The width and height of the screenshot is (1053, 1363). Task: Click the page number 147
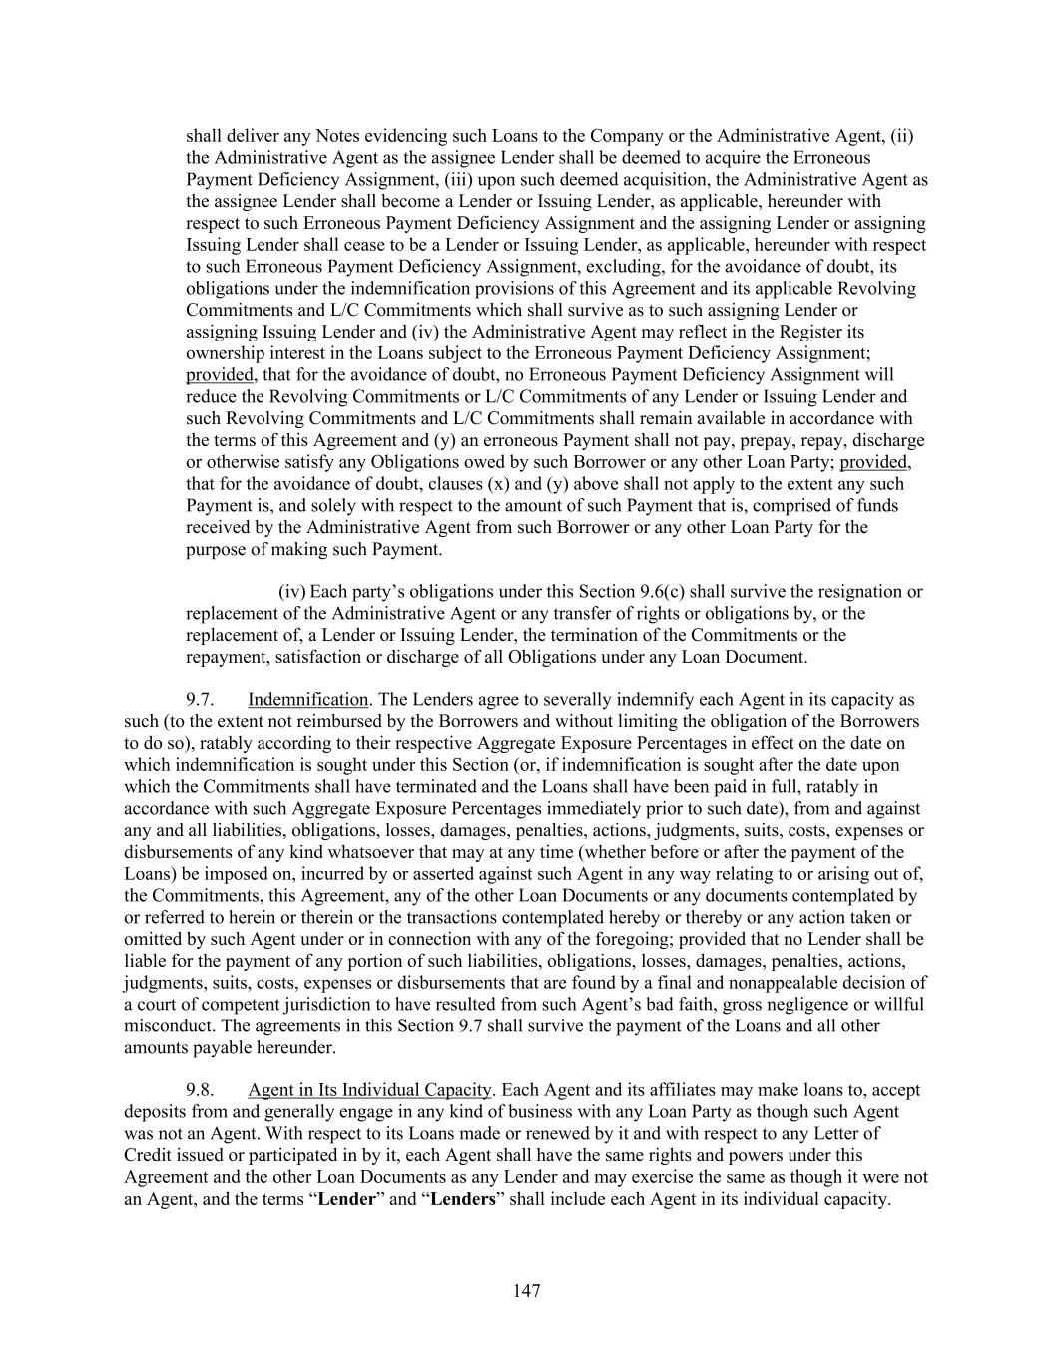[526, 1292]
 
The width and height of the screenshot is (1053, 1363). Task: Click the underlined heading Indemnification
[308, 700]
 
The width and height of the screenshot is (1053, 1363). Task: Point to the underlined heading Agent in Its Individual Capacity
[369, 1090]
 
